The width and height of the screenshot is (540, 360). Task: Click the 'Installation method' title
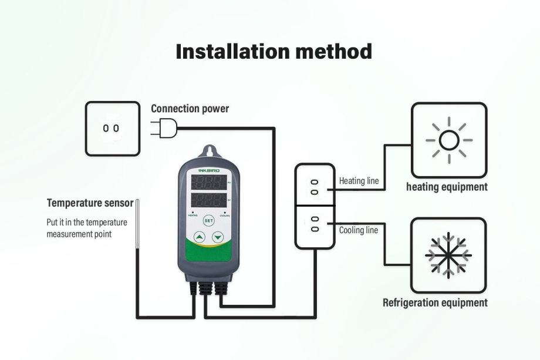pyautogui.click(x=274, y=52)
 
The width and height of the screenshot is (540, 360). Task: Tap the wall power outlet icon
pyautogui.click(x=112, y=128)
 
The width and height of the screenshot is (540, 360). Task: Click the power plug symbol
pyautogui.click(x=161, y=127)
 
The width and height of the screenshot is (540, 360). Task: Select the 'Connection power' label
pyautogui.click(x=190, y=109)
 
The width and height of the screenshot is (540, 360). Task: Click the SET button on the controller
pyautogui.click(x=208, y=221)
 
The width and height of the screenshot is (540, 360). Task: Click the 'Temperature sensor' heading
pyautogui.click(x=90, y=203)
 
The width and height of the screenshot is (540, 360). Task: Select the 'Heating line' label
pyautogui.click(x=359, y=181)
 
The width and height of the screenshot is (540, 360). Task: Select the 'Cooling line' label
pyautogui.click(x=358, y=230)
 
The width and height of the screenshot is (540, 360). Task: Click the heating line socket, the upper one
pyautogui.click(x=315, y=186)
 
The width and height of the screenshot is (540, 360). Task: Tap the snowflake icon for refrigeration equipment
pyautogui.click(x=448, y=255)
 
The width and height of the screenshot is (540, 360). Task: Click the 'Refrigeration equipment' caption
pyautogui.click(x=435, y=303)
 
